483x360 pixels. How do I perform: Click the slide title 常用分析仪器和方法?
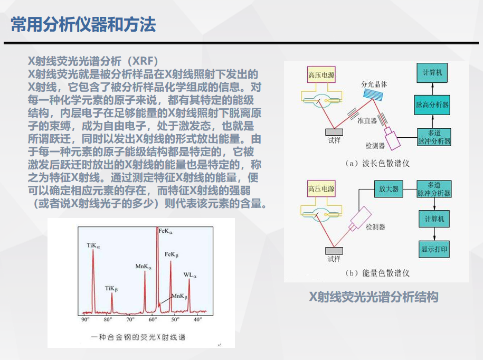point(83,24)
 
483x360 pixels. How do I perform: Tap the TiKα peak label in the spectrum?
point(93,245)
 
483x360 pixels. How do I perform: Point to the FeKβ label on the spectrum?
point(171,254)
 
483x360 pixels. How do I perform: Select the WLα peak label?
point(190,275)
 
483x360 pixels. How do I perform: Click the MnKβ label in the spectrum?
point(179,296)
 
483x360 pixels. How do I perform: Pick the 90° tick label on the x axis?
point(85,319)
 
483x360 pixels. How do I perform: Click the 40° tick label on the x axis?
point(197,319)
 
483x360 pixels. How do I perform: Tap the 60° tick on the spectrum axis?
point(153,319)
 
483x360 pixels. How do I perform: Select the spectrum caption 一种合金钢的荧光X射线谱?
point(138,337)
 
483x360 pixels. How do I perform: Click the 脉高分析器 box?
point(432,105)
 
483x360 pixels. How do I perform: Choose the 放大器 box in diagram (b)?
point(389,189)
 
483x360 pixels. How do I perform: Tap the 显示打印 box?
point(434,249)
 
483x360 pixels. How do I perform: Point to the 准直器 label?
point(367,120)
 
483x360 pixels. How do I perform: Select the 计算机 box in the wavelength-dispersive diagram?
point(432,73)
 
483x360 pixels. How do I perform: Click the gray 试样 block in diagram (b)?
point(334,251)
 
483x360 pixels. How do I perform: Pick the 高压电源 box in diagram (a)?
point(321,75)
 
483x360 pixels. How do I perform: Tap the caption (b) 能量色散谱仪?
point(377,273)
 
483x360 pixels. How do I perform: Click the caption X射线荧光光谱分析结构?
point(374,297)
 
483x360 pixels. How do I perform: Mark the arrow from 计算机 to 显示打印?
point(434,234)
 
